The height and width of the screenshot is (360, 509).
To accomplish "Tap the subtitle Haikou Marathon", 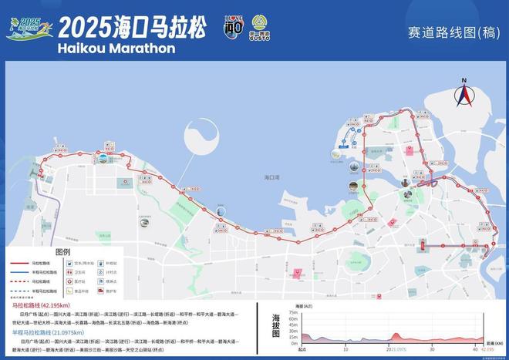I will (116, 48).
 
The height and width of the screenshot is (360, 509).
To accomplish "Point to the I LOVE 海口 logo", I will (233, 27).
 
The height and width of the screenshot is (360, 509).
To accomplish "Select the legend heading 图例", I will (62, 252).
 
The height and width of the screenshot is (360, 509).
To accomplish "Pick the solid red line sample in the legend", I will (19, 263).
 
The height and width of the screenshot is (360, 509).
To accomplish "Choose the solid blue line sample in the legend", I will (19, 272).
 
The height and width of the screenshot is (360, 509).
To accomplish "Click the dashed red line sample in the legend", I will (19, 281).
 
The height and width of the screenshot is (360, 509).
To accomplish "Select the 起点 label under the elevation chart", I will (302, 349).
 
